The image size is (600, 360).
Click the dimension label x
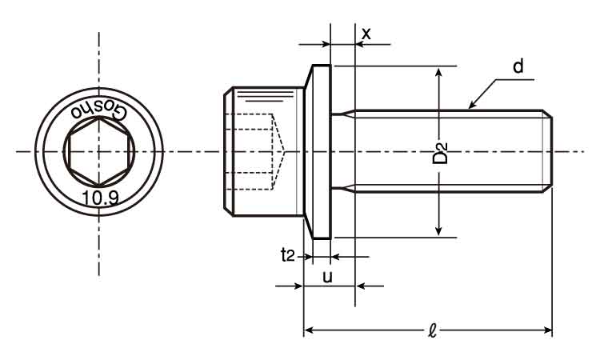point(366,34)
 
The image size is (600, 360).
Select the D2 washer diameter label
point(440,152)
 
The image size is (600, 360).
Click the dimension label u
point(327,277)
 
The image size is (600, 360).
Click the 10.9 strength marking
point(100,196)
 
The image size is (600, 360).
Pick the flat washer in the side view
point(321,151)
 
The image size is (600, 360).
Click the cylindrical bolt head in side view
point(264,151)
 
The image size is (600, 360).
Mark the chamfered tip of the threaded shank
point(549,151)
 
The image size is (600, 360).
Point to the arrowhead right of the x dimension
point(359,45)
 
